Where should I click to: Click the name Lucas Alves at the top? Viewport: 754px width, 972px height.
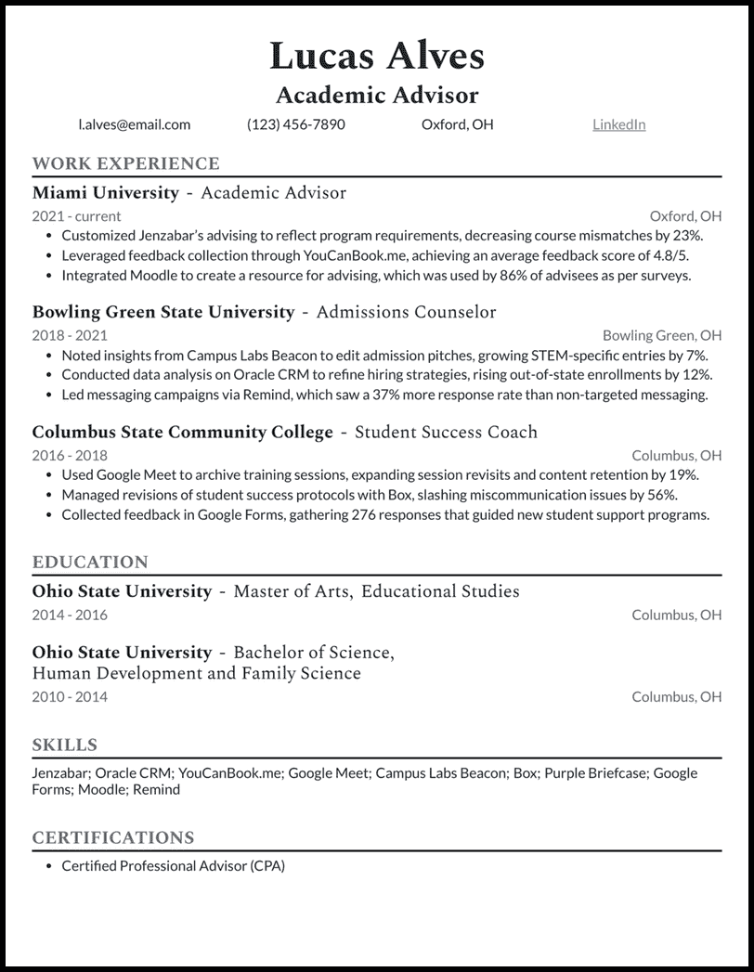coord(377,56)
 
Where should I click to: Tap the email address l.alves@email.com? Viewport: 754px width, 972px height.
coord(135,124)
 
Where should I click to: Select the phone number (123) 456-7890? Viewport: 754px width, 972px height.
coord(295,124)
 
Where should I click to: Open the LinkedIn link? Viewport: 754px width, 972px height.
coord(618,124)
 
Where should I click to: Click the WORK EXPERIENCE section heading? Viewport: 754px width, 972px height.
coord(125,164)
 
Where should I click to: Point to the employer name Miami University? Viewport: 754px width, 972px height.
coord(105,193)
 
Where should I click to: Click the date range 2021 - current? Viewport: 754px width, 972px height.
coord(76,215)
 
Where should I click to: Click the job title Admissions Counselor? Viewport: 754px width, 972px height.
coord(406,312)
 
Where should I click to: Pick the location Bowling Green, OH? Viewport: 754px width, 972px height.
coord(661,335)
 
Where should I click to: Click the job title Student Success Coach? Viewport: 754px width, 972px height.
coord(446,433)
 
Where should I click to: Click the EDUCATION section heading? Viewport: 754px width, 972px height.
coord(90,563)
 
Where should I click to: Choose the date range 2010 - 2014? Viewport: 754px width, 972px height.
coord(70,696)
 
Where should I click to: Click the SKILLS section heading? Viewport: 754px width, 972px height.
coord(64,745)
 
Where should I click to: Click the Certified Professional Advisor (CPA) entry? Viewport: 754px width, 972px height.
coord(173,866)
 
